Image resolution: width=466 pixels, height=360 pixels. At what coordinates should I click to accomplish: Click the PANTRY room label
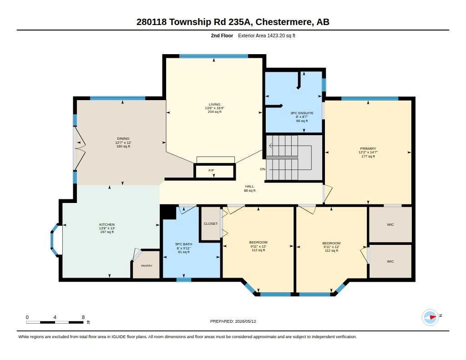click(147, 266)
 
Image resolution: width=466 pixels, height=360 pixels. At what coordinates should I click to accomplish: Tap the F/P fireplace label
click(211, 170)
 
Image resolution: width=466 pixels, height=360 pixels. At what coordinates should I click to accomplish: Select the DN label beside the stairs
click(263, 169)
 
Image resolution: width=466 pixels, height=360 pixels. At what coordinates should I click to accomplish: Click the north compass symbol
click(431, 317)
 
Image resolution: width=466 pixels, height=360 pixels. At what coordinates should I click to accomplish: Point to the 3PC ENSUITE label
click(302, 113)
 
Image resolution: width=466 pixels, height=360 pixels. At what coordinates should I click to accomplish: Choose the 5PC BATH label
click(184, 244)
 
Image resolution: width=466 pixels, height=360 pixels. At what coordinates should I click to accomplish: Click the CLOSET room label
click(211, 223)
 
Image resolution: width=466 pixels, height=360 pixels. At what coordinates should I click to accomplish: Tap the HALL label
click(250, 187)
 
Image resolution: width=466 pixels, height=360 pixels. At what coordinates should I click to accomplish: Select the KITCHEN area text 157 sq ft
click(107, 232)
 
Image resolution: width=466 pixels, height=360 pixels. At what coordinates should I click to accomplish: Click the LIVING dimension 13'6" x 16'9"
click(215, 108)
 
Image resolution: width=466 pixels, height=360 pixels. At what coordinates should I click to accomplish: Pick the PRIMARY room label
click(368, 148)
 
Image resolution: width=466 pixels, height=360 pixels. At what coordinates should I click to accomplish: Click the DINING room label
click(123, 138)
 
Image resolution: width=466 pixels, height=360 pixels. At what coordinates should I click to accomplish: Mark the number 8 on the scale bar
click(83, 317)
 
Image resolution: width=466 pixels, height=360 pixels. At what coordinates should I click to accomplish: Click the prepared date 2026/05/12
click(245, 321)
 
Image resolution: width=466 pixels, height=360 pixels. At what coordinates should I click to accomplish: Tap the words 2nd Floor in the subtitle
click(222, 35)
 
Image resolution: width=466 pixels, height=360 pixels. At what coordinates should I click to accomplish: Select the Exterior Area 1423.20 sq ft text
click(267, 35)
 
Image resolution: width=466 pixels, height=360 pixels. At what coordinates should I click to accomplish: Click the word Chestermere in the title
click(284, 22)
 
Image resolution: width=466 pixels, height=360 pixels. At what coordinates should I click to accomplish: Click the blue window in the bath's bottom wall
click(184, 280)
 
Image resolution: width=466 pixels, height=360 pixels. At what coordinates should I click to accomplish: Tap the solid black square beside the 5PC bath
click(168, 212)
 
